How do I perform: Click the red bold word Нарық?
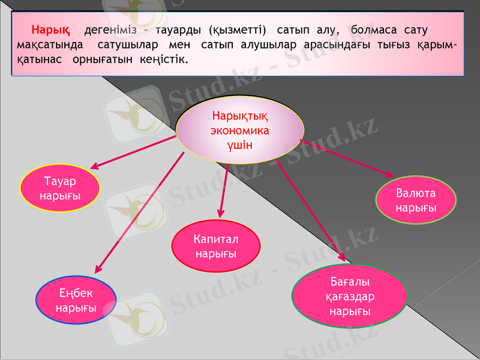coord(51,29)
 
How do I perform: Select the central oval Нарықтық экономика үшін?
coord(239,130)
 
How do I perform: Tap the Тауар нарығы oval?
coord(60,189)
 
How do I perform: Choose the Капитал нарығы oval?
coord(216,246)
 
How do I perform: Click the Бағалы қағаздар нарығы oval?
coord(350,296)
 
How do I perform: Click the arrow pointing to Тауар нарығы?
coord(132,152)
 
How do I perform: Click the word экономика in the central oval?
coord(239,130)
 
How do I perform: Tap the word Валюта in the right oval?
coord(416,193)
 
